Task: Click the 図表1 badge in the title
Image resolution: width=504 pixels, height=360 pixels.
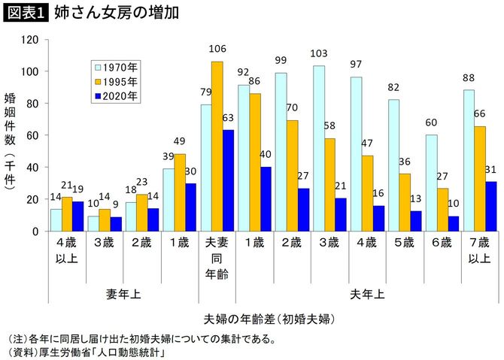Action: tap(25, 14)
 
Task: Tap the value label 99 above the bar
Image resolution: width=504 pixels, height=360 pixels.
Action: tap(281, 60)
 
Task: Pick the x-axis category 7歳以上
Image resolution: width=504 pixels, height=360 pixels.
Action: tap(479, 251)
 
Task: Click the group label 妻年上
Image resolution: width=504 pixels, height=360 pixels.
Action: tap(124, 295)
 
